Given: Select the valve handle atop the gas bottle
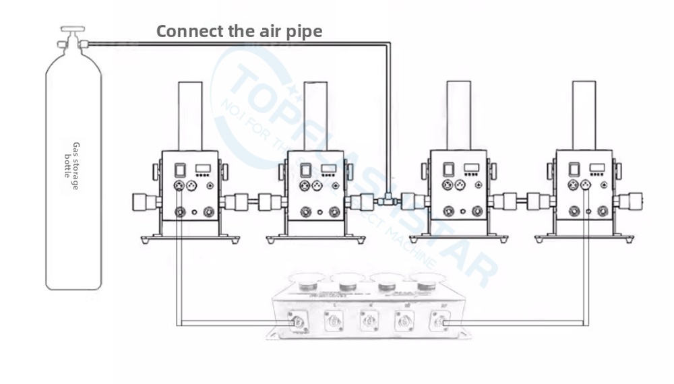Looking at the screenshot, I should click(72, 30).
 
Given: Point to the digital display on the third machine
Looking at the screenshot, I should click(471, 168).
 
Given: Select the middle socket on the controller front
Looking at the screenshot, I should click(367, 319).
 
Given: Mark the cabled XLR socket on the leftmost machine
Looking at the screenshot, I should click(180, 185).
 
